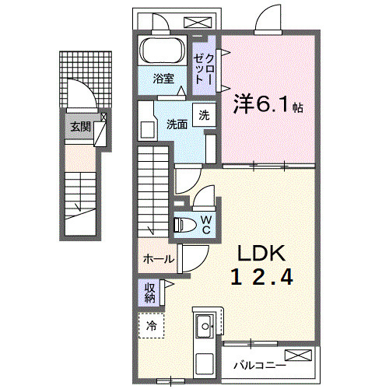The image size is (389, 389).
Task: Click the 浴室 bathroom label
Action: [163, 78]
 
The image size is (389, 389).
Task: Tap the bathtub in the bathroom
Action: [163, 51]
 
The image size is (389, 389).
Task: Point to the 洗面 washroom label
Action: [177, 124]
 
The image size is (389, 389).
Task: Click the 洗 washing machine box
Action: [203, 114]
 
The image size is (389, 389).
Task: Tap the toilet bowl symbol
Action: [185, 225]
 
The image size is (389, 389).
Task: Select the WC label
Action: [206, 224]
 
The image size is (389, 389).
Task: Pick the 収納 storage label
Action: [149, 292]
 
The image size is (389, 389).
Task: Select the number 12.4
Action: [261, 278]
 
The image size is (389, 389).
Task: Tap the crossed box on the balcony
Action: [303, 356]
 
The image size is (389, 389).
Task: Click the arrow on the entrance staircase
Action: [78, 207]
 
